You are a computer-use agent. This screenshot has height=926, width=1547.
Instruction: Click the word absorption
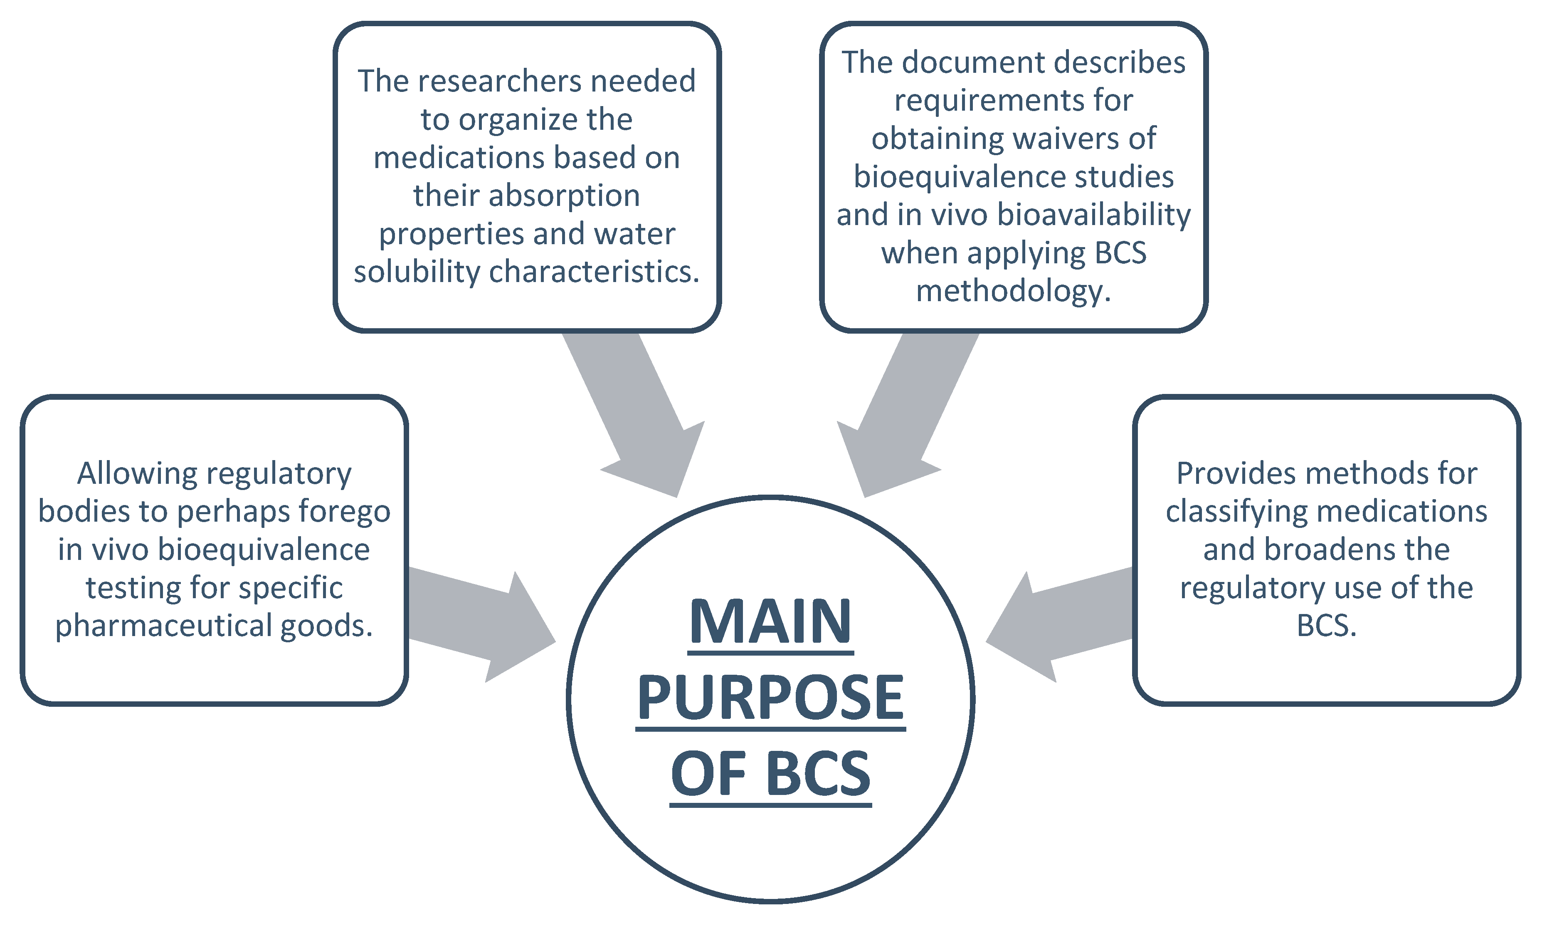[564, 196]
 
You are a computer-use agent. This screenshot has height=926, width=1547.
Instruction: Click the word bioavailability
[1094, 215]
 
